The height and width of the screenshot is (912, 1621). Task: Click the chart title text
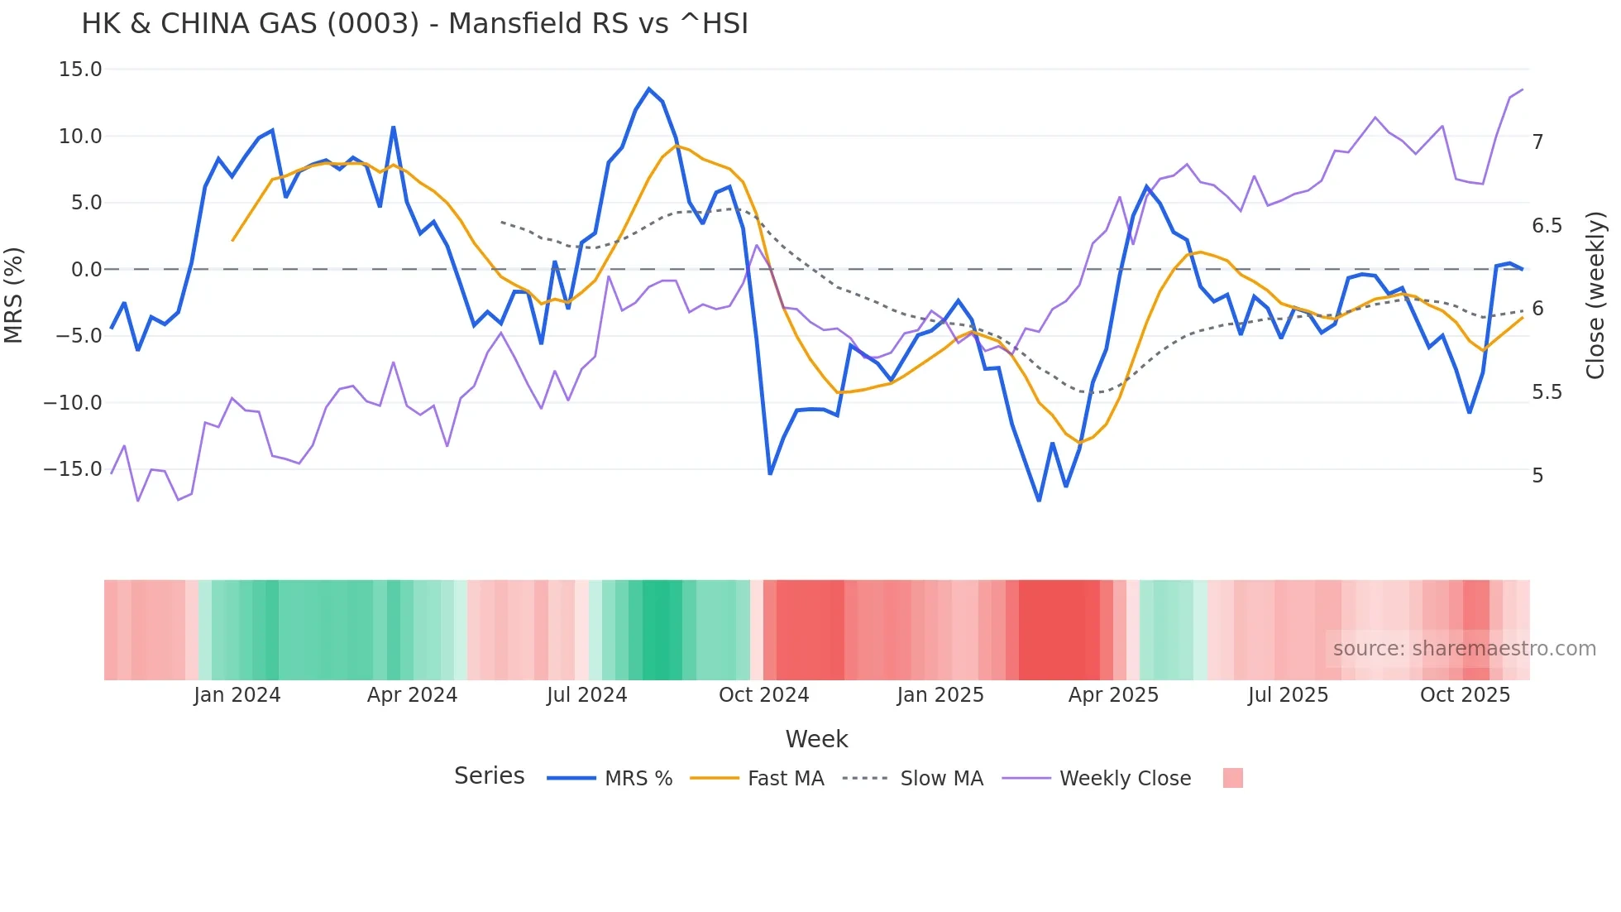tap(414, 24)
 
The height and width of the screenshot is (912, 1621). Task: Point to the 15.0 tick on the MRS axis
tap(80, 70)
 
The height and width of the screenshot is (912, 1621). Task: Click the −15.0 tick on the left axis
tap(73, 469)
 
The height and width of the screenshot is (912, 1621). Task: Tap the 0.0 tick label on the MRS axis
tap(86, 270)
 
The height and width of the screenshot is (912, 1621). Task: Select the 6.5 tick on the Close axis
tap(1547, 226)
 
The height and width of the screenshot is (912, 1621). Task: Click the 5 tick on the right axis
tap(1537, 476)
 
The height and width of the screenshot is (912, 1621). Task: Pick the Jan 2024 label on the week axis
tap(237, 695)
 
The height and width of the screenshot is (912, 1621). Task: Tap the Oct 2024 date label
tap(763, 695)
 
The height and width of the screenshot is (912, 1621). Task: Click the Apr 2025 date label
tap(1113, 695)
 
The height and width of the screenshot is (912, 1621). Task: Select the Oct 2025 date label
tap(1465, 695)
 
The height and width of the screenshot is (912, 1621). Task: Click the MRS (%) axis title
tap(14, 295)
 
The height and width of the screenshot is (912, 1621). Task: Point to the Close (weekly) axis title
tap(1595, 295)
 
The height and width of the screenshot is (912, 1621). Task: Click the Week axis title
tap(816, 739)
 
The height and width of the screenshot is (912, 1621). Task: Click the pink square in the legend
tap(1232, 778)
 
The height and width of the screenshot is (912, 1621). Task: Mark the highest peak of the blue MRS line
tap(649, 89)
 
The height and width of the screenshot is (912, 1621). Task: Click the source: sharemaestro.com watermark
tap(1464, 649)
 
